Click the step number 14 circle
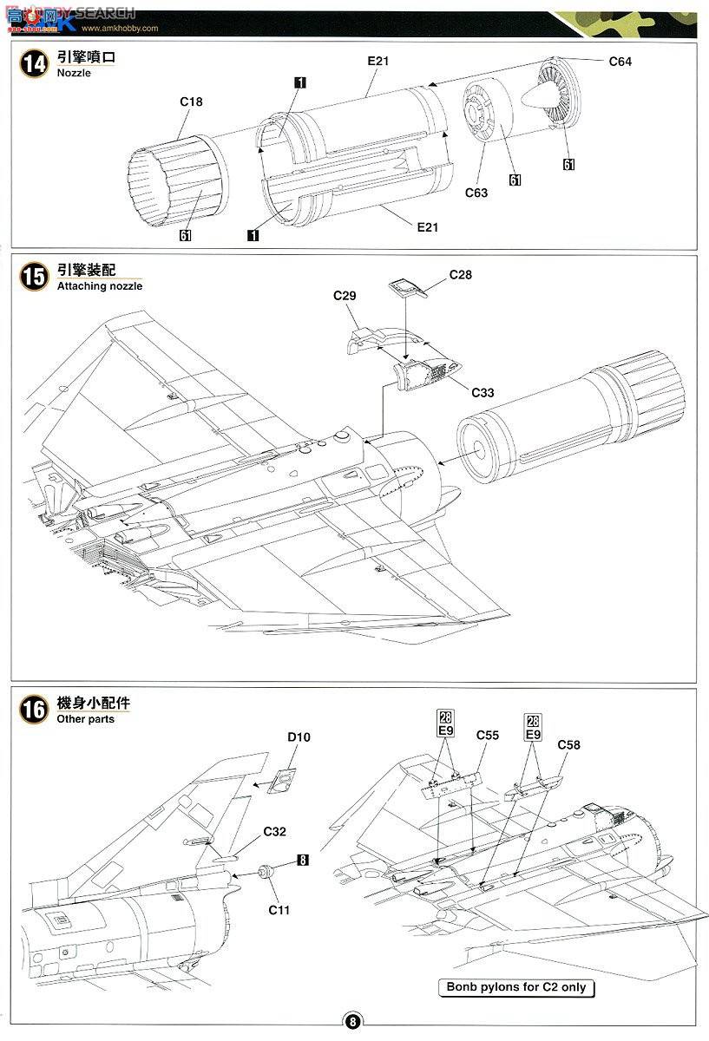[x=35, y=65]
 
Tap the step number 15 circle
[x=35, y=277]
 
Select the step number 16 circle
[x=35, y=710]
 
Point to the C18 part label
[x=191, y=101]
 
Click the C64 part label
[x=620, y=62]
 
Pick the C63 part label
[x=476, y=193]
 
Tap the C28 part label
[x=461, y=274]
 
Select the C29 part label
[x=345, y=296]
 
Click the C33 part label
[x=483, y=393]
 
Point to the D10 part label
[x=299, y=737]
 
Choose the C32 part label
[x=274, y=831]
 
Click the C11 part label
[x=279, y=909]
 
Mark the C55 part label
[x=487, y=736]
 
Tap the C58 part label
[x=568, y=744]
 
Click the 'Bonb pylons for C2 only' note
[x=516, y=987]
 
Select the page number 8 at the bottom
[x=353, y=1021]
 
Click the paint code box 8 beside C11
[x=302, y=861]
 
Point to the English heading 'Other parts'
[x=85, y=719]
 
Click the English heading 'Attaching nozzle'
[x=99, y=285]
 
